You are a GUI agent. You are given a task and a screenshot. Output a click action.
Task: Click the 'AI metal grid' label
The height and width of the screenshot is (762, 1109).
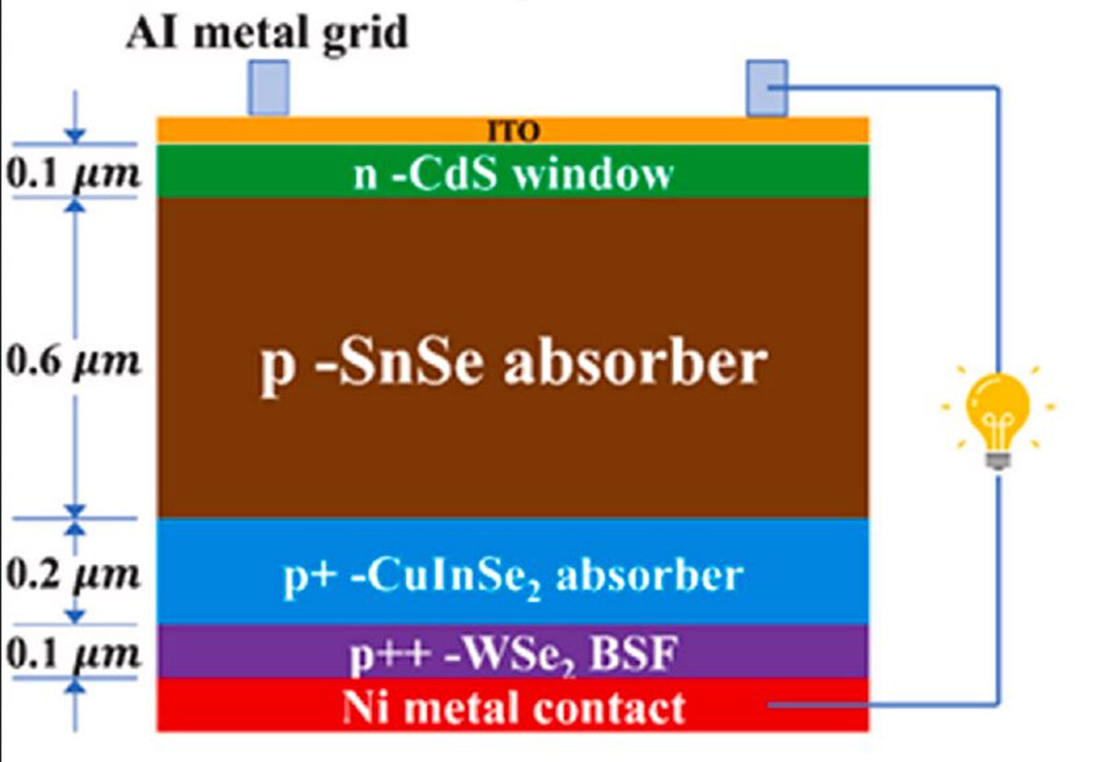point(266,32)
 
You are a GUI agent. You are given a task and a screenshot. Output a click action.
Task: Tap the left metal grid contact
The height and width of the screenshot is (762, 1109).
point(268,88)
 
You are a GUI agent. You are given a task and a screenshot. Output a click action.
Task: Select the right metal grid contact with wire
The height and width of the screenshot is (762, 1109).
point(767,88)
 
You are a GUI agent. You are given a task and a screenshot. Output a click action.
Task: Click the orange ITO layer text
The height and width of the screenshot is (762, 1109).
point(513,131)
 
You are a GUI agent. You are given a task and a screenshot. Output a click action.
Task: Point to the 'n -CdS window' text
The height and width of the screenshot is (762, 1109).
point(513,173)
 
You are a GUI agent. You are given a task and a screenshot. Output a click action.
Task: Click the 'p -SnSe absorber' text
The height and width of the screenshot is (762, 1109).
point(513,363)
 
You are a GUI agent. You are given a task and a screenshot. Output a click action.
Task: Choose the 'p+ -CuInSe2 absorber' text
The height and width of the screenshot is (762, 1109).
point(513,575)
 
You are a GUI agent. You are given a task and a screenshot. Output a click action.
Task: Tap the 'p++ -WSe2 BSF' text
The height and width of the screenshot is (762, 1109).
point(513,654)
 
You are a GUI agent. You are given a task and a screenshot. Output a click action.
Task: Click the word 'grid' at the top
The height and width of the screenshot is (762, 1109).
point(370,34)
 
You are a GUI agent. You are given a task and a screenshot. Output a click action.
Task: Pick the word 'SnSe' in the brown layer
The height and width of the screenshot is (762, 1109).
point(408,363)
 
